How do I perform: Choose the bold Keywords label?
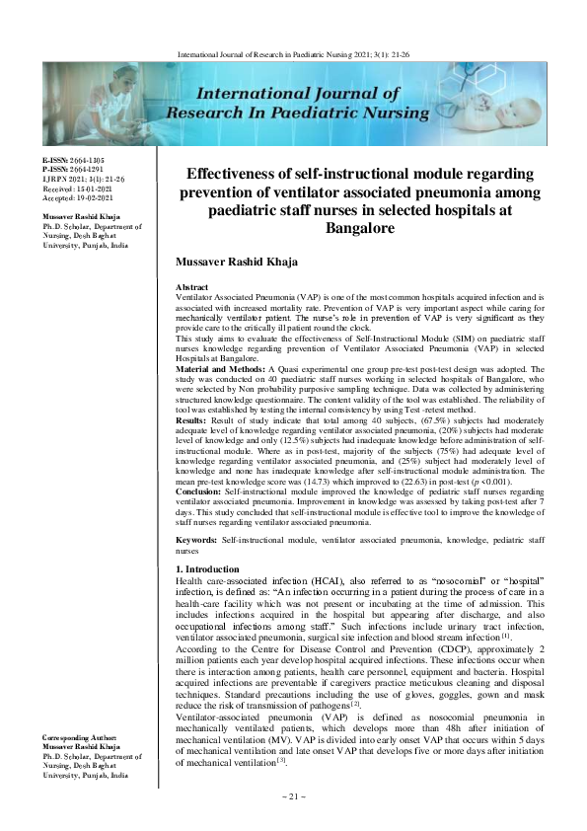195,542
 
